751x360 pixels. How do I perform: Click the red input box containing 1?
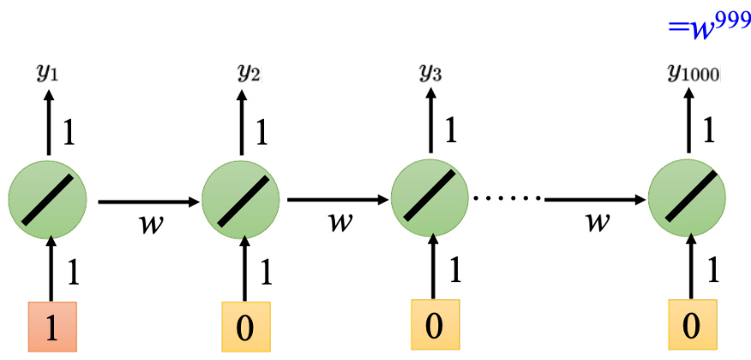(x=53, y=327)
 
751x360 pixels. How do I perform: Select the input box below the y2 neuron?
(x=245, y=327)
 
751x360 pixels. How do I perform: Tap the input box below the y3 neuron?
(x=436, y=327)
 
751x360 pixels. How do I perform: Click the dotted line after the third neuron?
(x=508, y=199)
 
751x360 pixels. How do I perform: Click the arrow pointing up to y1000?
(x=691, y=123)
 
